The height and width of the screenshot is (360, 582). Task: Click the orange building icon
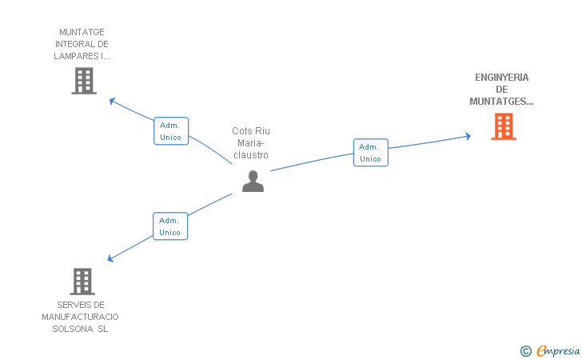[504, 126]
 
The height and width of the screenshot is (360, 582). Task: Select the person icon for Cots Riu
[253, 181]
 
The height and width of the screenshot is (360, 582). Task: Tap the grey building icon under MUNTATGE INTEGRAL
[84, 81]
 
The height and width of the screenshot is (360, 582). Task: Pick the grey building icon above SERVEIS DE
[82, 282]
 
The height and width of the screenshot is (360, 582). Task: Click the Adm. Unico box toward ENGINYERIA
[370, 153]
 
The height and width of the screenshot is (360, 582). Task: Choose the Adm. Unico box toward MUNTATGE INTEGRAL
[171, 131]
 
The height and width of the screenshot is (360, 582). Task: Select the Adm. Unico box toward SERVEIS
[170, 226]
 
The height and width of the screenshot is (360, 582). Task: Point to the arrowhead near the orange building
[468, 136]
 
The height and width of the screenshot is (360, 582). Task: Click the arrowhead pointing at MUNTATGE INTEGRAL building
[112, 101]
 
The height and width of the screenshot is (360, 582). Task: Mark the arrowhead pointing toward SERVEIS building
[110, 258]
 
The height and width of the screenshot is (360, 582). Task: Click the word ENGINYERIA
[501, 78]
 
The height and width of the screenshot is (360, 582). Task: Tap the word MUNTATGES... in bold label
[501, 102]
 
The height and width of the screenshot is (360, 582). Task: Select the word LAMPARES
[76, 56]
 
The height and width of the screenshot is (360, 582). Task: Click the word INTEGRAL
[70, 44]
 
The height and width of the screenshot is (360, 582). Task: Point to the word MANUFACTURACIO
[80, 317]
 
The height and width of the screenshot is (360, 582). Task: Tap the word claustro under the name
[251, 155]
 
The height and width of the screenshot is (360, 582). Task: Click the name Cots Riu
[251, 131]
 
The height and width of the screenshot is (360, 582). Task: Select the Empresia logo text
[558, 350]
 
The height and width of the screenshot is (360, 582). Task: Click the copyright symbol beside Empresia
[526, 351]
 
